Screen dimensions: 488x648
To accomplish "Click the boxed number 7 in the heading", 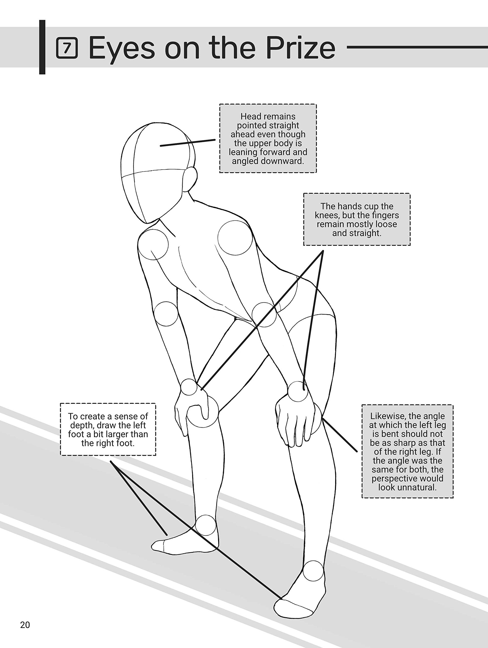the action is (67, 48).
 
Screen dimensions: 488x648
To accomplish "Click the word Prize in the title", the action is (300, 48).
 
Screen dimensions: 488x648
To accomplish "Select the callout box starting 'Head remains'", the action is (268, 138).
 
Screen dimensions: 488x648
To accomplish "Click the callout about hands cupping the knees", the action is (356, 219).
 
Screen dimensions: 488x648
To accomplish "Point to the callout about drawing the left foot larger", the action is (108, 430).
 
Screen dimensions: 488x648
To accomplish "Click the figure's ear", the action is (190, 179).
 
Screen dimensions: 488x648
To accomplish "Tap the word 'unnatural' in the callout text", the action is (407, 488).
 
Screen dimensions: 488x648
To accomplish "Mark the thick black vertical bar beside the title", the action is (42, 47).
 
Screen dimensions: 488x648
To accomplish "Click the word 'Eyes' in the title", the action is (122, 48).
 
